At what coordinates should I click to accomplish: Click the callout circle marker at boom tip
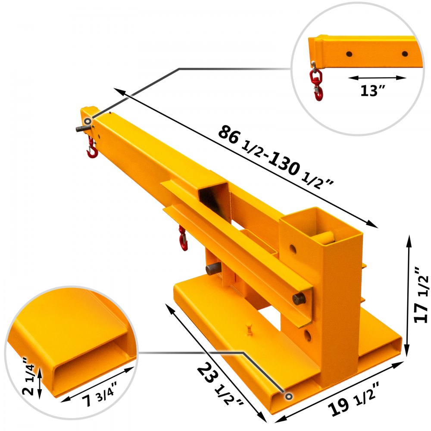tap(87, 121)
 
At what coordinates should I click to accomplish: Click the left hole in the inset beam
tap(348, 54)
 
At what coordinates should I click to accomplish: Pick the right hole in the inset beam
tap(404, 54)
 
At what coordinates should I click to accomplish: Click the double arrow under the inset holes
tap(377, 78)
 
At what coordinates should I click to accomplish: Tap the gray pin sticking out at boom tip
tap(80, 128)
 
